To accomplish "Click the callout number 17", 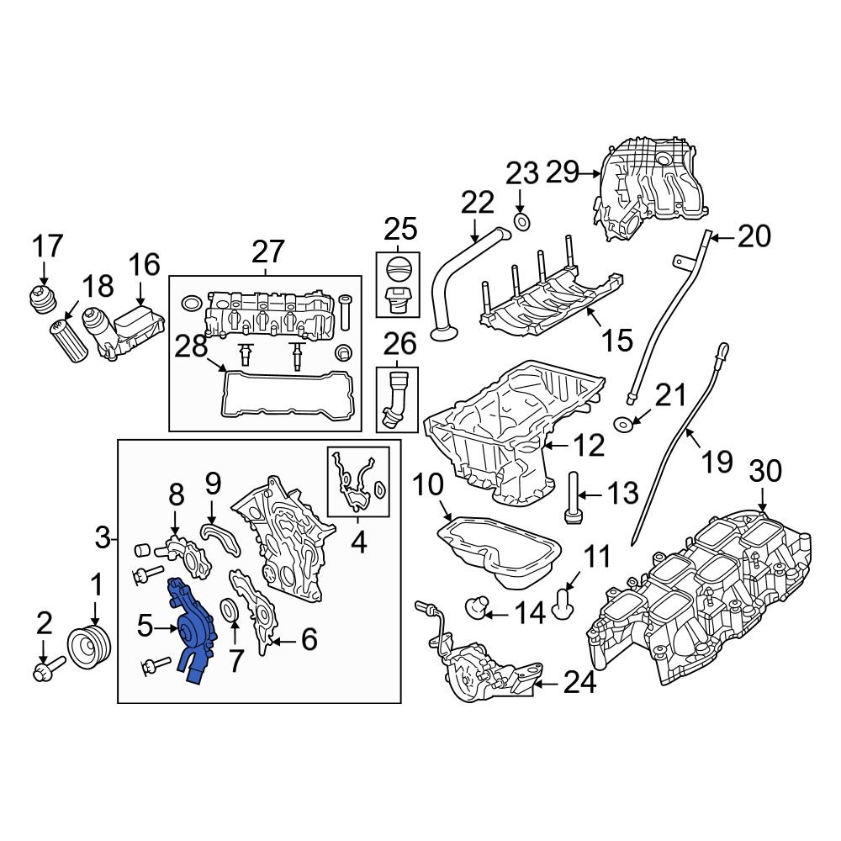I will tap(47, 246).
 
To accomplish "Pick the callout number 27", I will tap(267, 251).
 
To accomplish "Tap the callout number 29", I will tap(563, 173).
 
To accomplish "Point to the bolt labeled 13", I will tap(574, 497).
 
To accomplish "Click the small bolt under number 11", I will tap(564, 598).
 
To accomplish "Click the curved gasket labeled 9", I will tap(220, 538).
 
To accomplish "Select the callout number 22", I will tap(478, 203).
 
